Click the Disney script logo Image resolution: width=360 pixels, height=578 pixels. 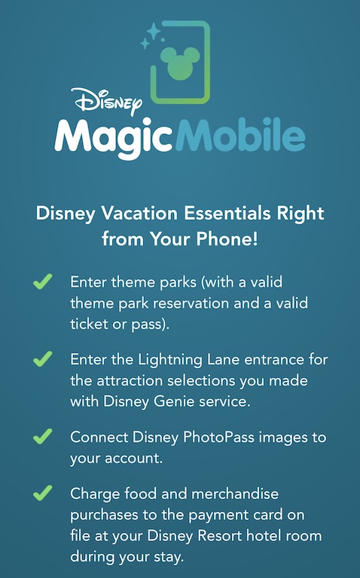107,100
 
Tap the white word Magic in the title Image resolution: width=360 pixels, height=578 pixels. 114,137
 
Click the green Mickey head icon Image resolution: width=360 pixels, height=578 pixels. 180,62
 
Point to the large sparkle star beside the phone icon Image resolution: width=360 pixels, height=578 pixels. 154,31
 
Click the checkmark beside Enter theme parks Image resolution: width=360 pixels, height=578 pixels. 42,281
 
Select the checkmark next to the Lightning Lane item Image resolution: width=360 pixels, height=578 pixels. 42,359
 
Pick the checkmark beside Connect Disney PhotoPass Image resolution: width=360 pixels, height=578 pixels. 42,437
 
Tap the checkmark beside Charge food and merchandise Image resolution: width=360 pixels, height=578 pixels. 42,493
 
